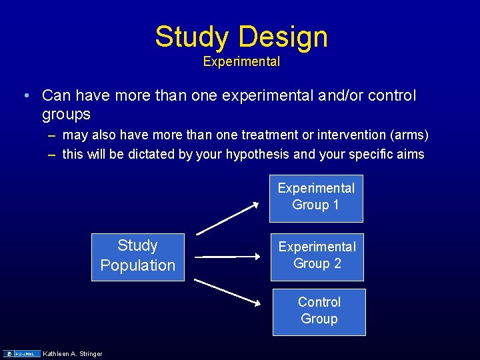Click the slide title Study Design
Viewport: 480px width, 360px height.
pyautogui.click(x=241, y=37)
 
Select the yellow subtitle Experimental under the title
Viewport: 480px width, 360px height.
pyautogui.click(x=241, y=62)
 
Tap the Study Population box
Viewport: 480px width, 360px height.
pyautogui.click(x=138, y=256)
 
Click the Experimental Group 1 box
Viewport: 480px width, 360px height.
pyautogui.click(x=316, y=197)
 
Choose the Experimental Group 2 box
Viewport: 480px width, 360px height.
pyautogui.click(x=317, y=255)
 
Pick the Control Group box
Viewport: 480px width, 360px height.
pyautogui.click(x=319, y=311)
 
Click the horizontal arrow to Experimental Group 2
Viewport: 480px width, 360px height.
pyautogui.click(x=227, y=256)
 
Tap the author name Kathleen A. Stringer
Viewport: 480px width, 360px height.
pyautogui.click(x=73, y=353)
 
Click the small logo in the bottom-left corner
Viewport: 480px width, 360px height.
pyautogui.click(x=22, y=353)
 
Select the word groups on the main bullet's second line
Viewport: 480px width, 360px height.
pyautogui.click(x=66, y=115)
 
